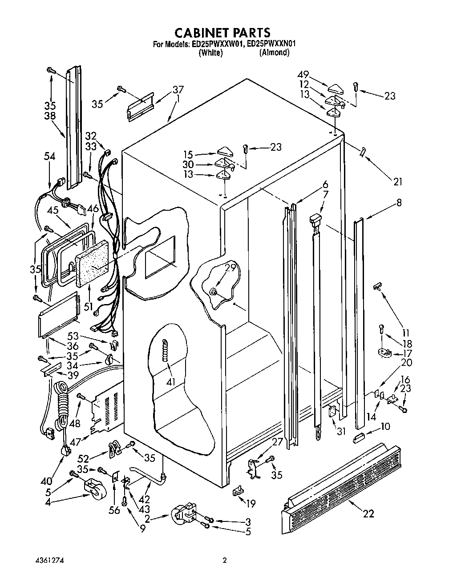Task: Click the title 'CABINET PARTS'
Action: click(x=222, y=32)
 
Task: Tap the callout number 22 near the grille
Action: click(x=368, y=514)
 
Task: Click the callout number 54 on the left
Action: click(x=50, y=156)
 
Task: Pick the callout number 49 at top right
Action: click(x=304, y=75)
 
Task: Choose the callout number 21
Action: click(x=397, y=181)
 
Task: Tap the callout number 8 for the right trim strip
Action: click(x=399, y=203)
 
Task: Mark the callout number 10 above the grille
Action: click(x=385, y=427)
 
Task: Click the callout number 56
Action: click(x=114, y=510)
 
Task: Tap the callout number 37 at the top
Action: click(x=178, y=90)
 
